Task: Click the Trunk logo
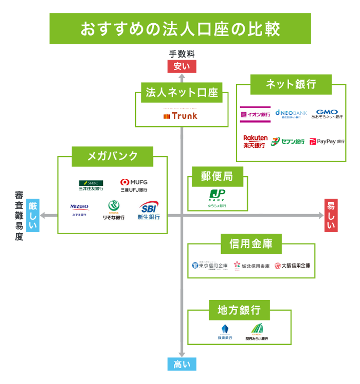[180, 116]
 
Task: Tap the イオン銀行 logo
[256, 114]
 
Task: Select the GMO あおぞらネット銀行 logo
[327, 114]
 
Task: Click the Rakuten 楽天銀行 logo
[255, 141]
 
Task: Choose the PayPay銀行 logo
[327, 141]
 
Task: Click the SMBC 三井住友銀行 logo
[91, 185]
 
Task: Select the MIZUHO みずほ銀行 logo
[80, 210]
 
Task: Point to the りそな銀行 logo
[113, 210]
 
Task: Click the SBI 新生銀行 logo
[149, 210]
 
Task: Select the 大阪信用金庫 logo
[292, 266]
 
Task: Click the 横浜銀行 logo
[225, 333]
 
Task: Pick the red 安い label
[181, 66]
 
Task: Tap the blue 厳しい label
[33, 215]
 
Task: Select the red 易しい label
[331, 215]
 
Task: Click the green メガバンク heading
[113, 156]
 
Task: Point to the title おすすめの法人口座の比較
[180, 29]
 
